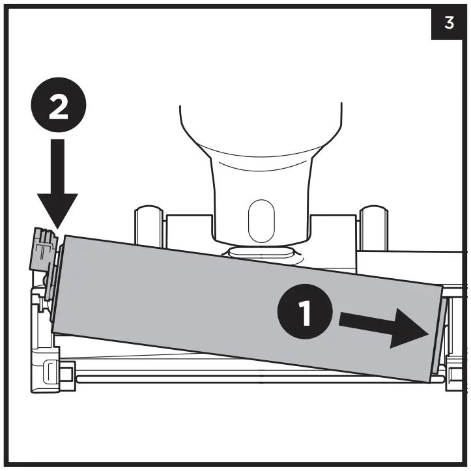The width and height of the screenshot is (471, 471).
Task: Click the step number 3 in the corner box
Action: (x=449, y=23)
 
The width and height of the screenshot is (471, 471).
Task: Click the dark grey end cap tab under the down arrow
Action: (x=42, y=248)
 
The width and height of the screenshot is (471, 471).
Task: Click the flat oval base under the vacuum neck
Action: (x=261, y=251)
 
